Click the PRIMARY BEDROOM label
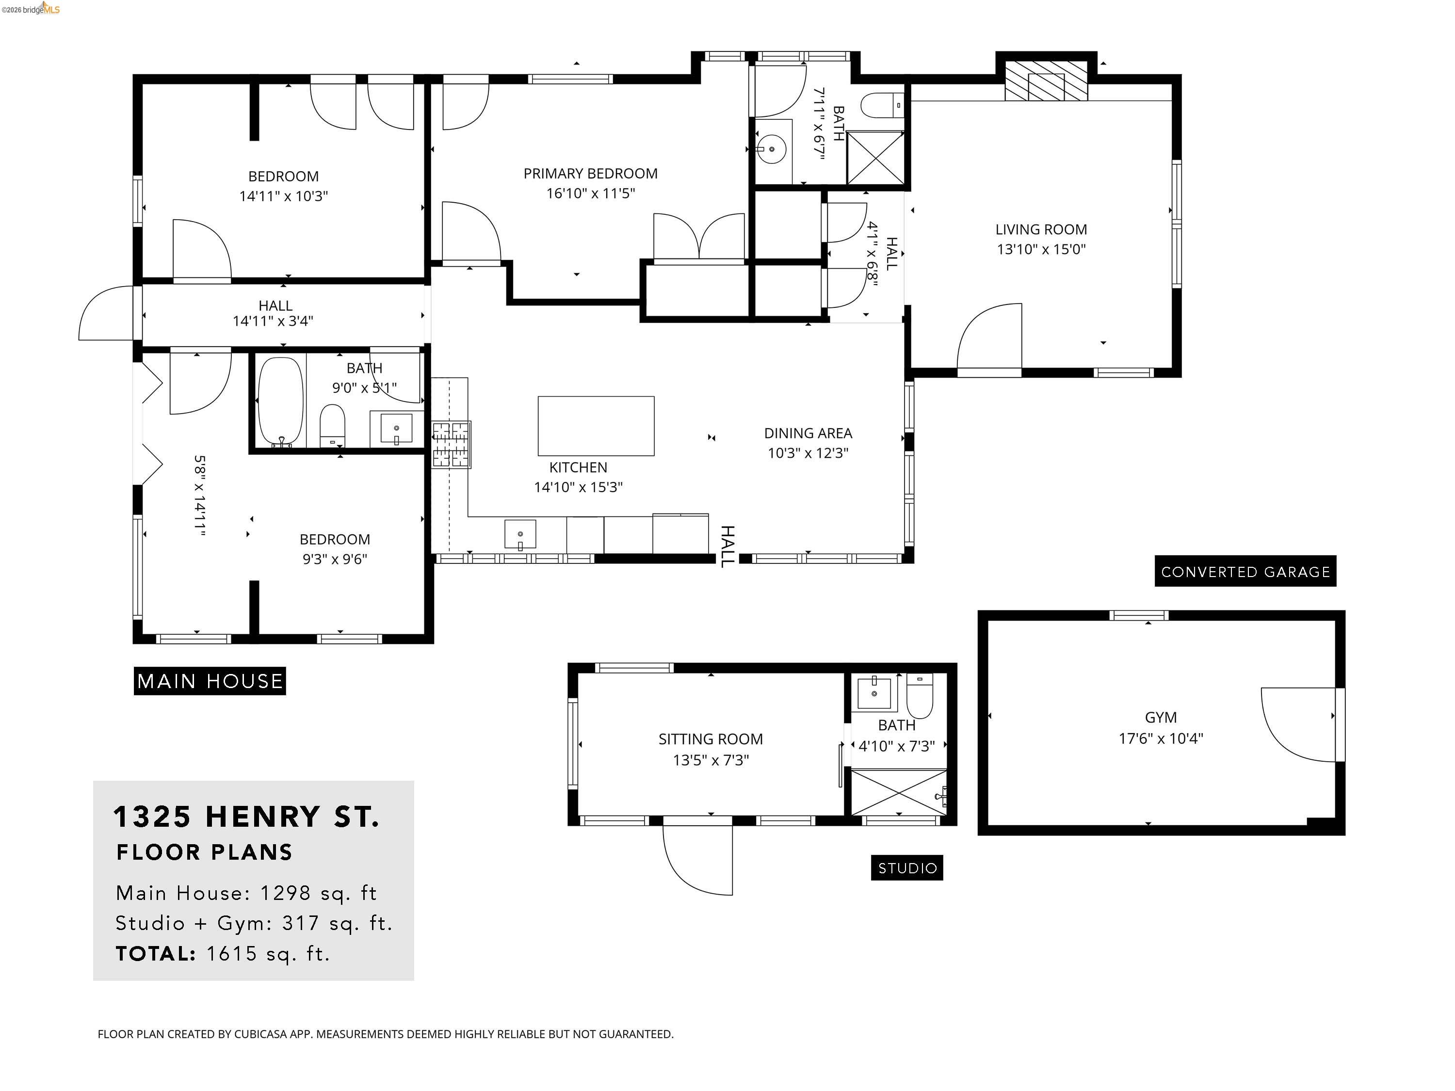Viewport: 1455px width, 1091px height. tap(590, 174)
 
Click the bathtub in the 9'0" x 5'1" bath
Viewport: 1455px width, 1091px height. tap(281, 401)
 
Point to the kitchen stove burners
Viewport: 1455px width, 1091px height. tap(451, 445)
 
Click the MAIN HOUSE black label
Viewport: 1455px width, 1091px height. tap(210, 681)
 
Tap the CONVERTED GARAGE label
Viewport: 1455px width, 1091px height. tap(1245, 572)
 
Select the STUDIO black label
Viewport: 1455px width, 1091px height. tap(906, 868)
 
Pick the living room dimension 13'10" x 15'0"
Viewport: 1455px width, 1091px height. tap(1041, 249)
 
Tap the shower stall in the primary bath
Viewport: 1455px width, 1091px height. tap(875, 157)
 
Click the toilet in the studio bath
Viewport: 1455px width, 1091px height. tap(920, 696)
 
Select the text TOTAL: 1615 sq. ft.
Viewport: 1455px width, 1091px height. tap(222, 954)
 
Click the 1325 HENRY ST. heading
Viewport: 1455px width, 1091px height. tap(247, 817)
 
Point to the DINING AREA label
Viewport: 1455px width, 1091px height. tap(808, 433)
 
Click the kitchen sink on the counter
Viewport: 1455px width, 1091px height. tap(519, 533)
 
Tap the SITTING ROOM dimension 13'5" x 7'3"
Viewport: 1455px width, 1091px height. tap(711, 760)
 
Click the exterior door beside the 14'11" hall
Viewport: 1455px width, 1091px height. tap(107, 314)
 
